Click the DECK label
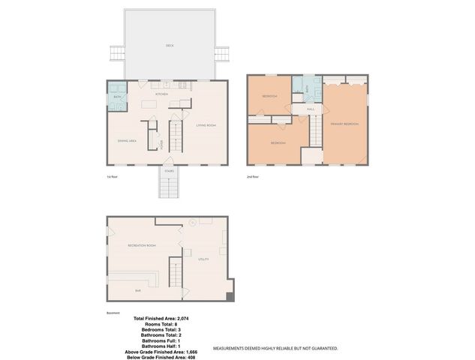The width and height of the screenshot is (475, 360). click(x=169, y=46)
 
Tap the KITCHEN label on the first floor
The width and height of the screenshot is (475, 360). click(x=161, y=94)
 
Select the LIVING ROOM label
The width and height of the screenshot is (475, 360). click(x=206, y=125)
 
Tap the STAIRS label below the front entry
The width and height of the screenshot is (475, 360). click(x=170, y=171)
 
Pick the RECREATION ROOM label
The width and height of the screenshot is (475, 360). click(x=141, y=245)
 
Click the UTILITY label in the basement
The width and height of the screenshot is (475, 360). click(x=203, y=259)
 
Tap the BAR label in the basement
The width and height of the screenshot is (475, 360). click(x=138, y=289)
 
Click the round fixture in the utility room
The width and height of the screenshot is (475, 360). click(x=192, y=222)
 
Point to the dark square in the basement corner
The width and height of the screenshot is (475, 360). click(x=230, y=298)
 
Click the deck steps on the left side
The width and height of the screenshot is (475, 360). click(x=117, y=55)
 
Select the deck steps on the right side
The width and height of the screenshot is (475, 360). click(x=221, y=55)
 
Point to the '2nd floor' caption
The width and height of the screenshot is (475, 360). click(x=253, y=176)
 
